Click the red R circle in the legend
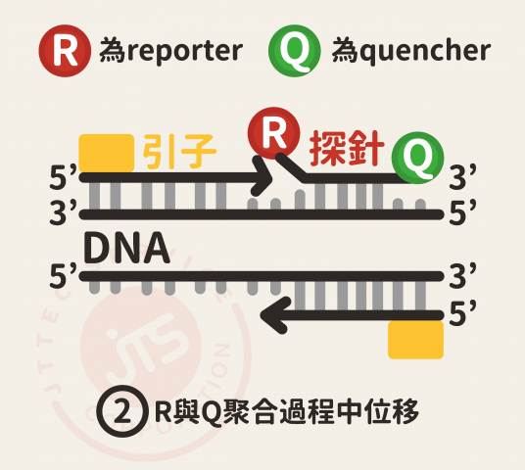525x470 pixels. point(65,51)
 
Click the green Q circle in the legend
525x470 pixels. point(295,51)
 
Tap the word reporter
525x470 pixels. point(185,52)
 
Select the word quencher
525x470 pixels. point(427,51)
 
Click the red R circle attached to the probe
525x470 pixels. point(274,133)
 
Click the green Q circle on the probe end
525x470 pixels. point(417,158)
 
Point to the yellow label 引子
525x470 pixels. point(179,152)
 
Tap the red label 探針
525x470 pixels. point(346,148)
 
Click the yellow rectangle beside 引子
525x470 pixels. point(107,154)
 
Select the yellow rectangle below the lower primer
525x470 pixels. point(416,340)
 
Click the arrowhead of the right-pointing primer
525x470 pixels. point(263,176)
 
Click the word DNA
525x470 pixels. point(126,248)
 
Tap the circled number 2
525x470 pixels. point(122,411)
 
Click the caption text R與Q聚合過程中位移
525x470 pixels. point(287,411)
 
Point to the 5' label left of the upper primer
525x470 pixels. point(63,177)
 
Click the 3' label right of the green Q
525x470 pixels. point(462,177)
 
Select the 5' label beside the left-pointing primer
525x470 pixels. point(462,314)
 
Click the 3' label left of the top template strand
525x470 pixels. point(63,211)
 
